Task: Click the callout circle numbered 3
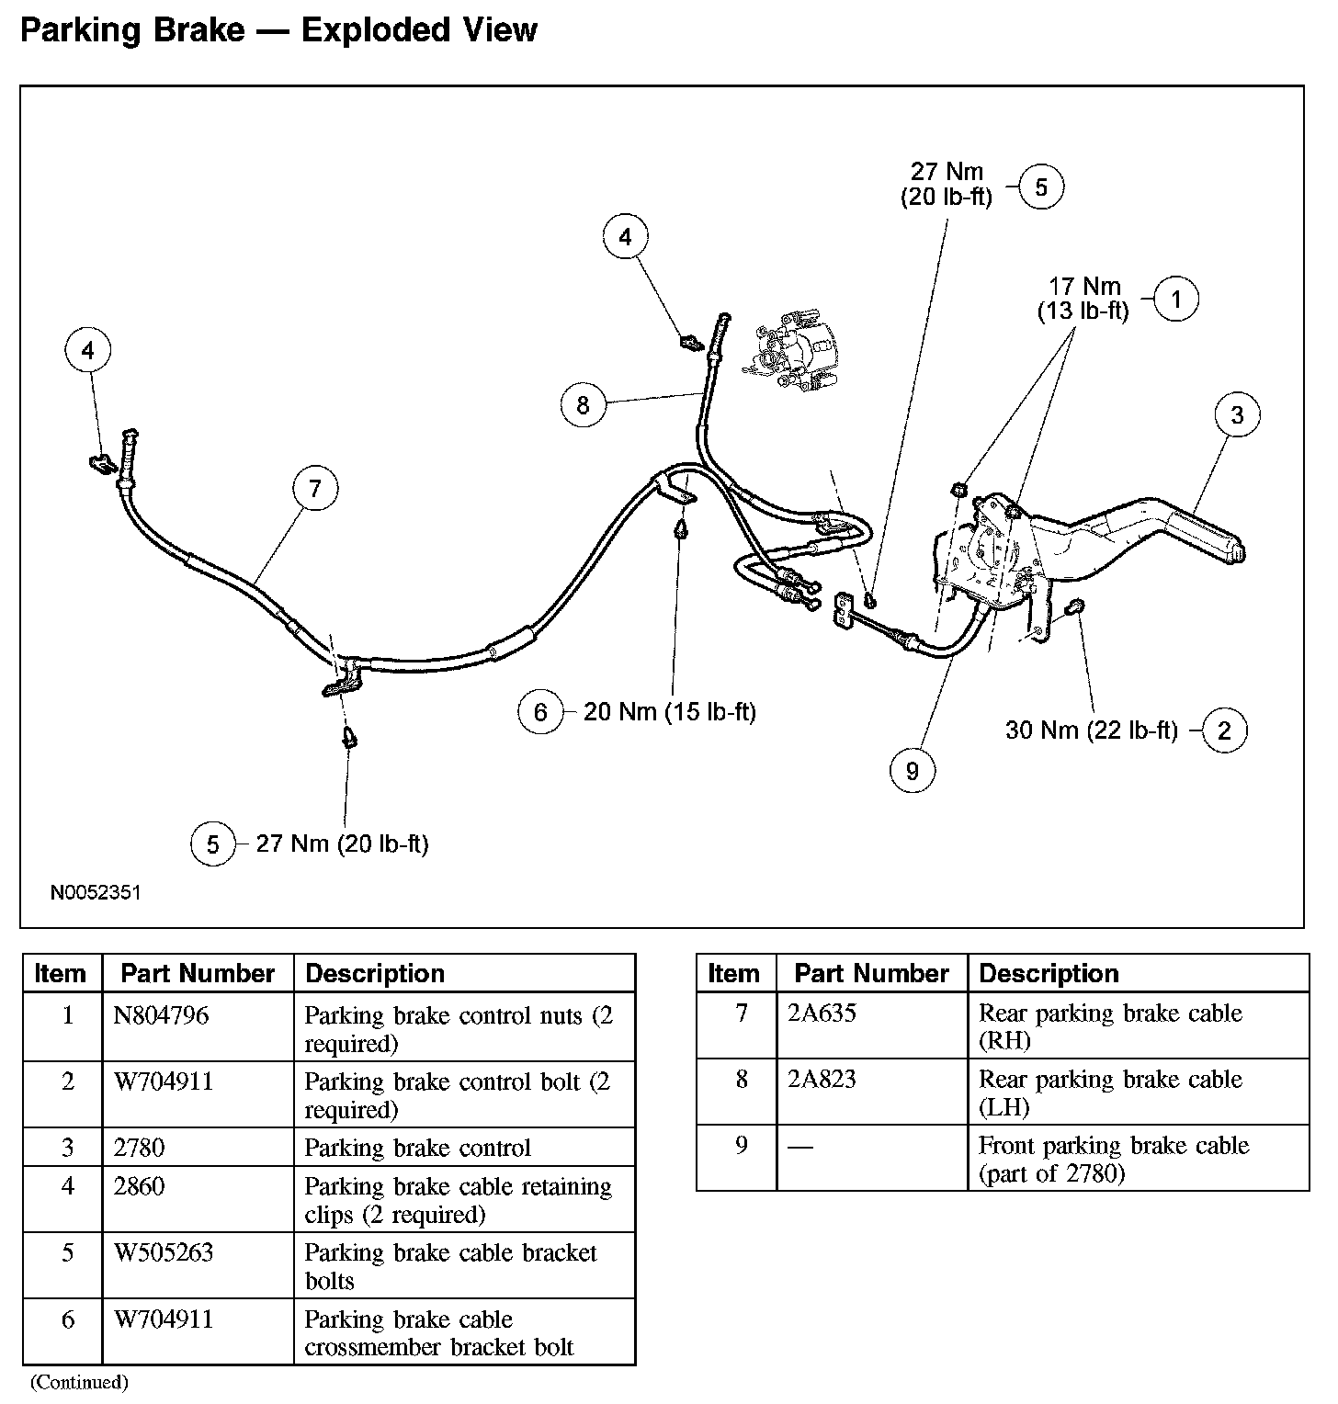coord(1237,415)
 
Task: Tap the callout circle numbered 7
coord(315,488)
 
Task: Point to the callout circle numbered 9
coord(912,770)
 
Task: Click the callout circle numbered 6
coord(540,712)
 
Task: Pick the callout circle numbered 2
coord(1224,730)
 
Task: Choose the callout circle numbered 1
coord(1176,299)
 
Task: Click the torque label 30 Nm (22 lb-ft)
coord(1091,730)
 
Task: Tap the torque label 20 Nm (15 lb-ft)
coord(669,712)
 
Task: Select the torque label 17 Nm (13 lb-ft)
coord(1084,299)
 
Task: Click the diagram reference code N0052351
coord(96,892)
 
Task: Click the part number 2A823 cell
coord(822,1079)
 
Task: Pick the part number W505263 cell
coord(164,1252)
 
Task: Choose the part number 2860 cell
coord(140,1186)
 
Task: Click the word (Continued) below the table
coord(80,1382)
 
